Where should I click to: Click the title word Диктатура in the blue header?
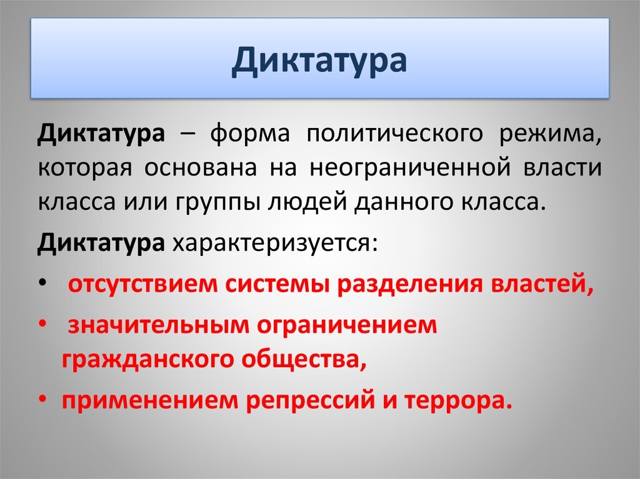(x=319, y=60)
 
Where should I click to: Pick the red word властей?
(x=541, y=284)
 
